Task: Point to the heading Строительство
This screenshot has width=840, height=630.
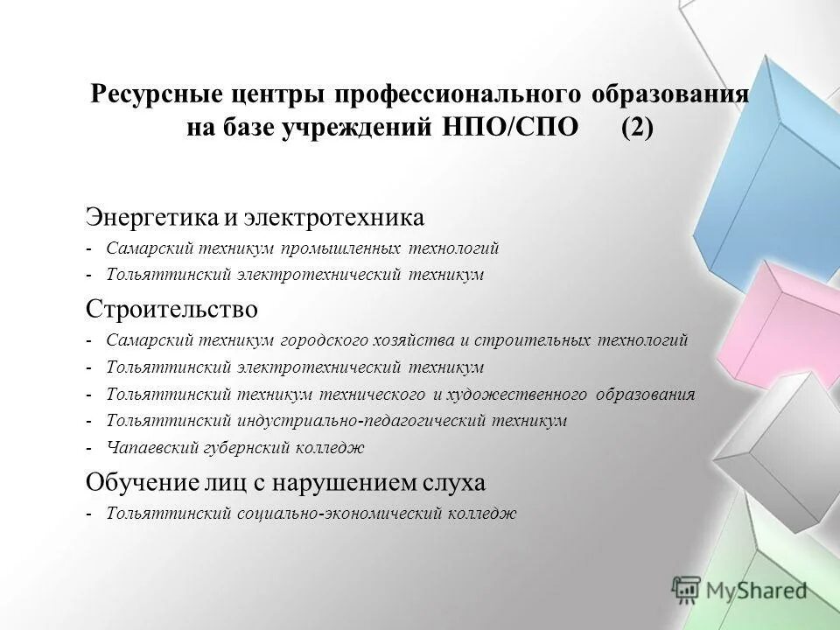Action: point(171,309)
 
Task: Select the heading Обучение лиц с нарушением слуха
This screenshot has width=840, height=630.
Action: point(284,482)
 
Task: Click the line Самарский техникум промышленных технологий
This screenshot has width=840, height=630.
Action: point(303,248)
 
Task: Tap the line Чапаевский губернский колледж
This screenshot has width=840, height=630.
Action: point(235,448)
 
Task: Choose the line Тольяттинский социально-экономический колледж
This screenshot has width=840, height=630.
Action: point(311,514)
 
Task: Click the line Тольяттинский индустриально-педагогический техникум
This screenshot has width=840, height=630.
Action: point(337,421)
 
